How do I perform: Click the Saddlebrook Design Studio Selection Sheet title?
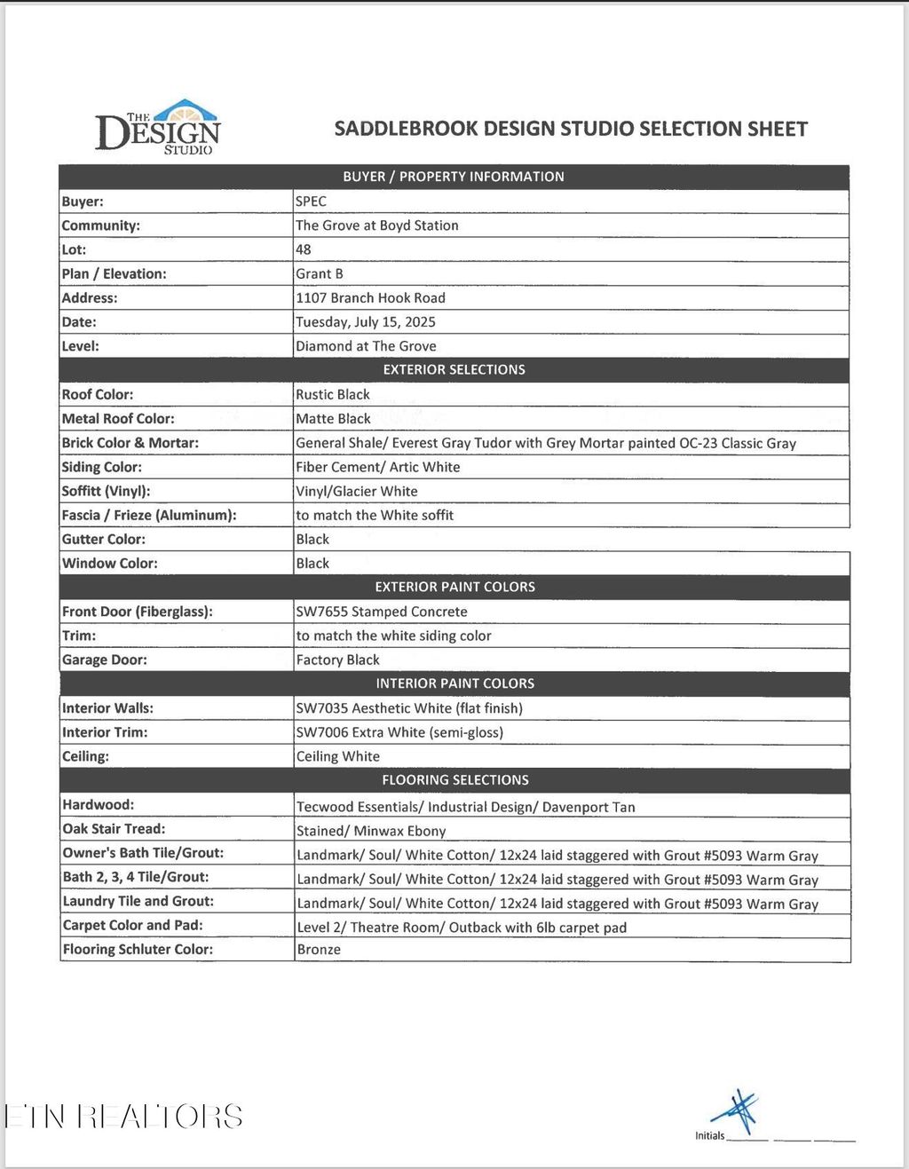[571, 129]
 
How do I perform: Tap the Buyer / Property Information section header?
[454, 177]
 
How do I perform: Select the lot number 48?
[304, 249]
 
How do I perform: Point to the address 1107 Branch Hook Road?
[370, 298]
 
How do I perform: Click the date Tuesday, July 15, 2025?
[365, 322]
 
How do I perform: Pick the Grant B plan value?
[320, 274]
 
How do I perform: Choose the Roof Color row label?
[98, 394]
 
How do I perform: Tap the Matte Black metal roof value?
[333, 419]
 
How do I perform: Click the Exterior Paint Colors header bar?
[454, 587]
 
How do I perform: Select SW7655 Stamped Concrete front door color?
[382, 612]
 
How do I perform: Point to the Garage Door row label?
[105, 660]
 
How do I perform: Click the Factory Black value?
[337, 660]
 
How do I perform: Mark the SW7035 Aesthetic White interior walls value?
[409, 708]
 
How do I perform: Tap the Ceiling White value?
[338, 756]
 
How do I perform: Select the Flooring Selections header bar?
[454, 780]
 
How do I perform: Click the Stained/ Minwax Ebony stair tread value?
[371, 831]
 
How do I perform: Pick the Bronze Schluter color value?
[319, 950]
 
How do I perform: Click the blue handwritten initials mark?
[739, 1111]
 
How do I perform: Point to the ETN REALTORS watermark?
[123, 1117]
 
